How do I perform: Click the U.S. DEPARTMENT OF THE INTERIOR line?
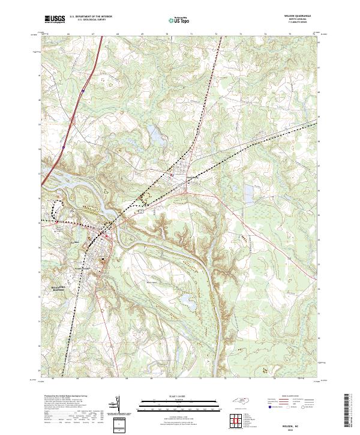(x=91, y=17)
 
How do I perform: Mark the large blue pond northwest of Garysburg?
(x=155, y=138)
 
